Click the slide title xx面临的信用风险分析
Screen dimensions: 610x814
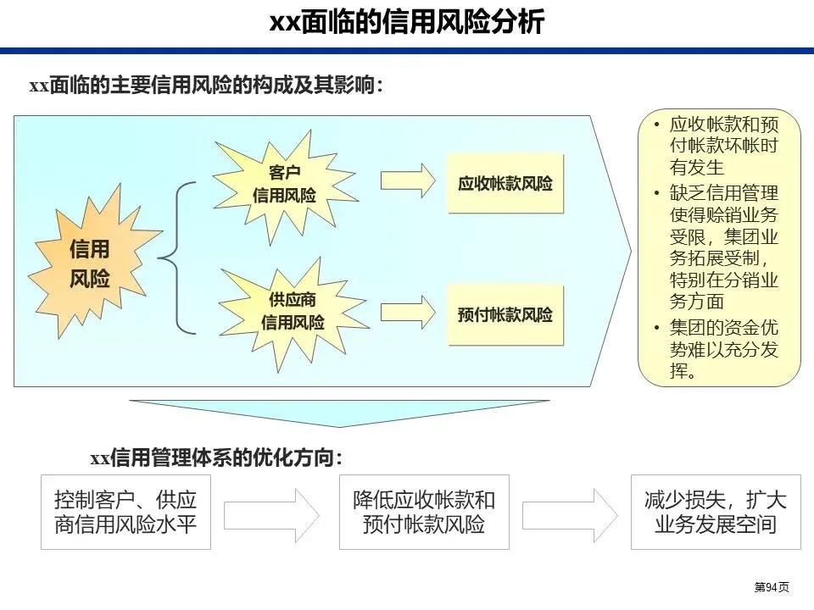[407, 21]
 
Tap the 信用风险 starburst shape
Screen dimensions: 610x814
[90, 263]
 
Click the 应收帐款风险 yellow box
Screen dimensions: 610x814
[505, 183]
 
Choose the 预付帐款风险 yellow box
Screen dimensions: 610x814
[505, 315]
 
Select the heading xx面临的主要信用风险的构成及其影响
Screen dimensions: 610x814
[206, 86]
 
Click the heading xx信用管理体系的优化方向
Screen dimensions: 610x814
[216, 458]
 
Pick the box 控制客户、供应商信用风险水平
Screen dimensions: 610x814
[125, 512]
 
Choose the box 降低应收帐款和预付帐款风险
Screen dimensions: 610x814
[424, 512]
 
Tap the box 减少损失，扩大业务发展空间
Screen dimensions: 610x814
[716, 512]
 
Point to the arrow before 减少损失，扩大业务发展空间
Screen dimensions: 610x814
[570, 513]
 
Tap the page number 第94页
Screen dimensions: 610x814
[772, 587]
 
